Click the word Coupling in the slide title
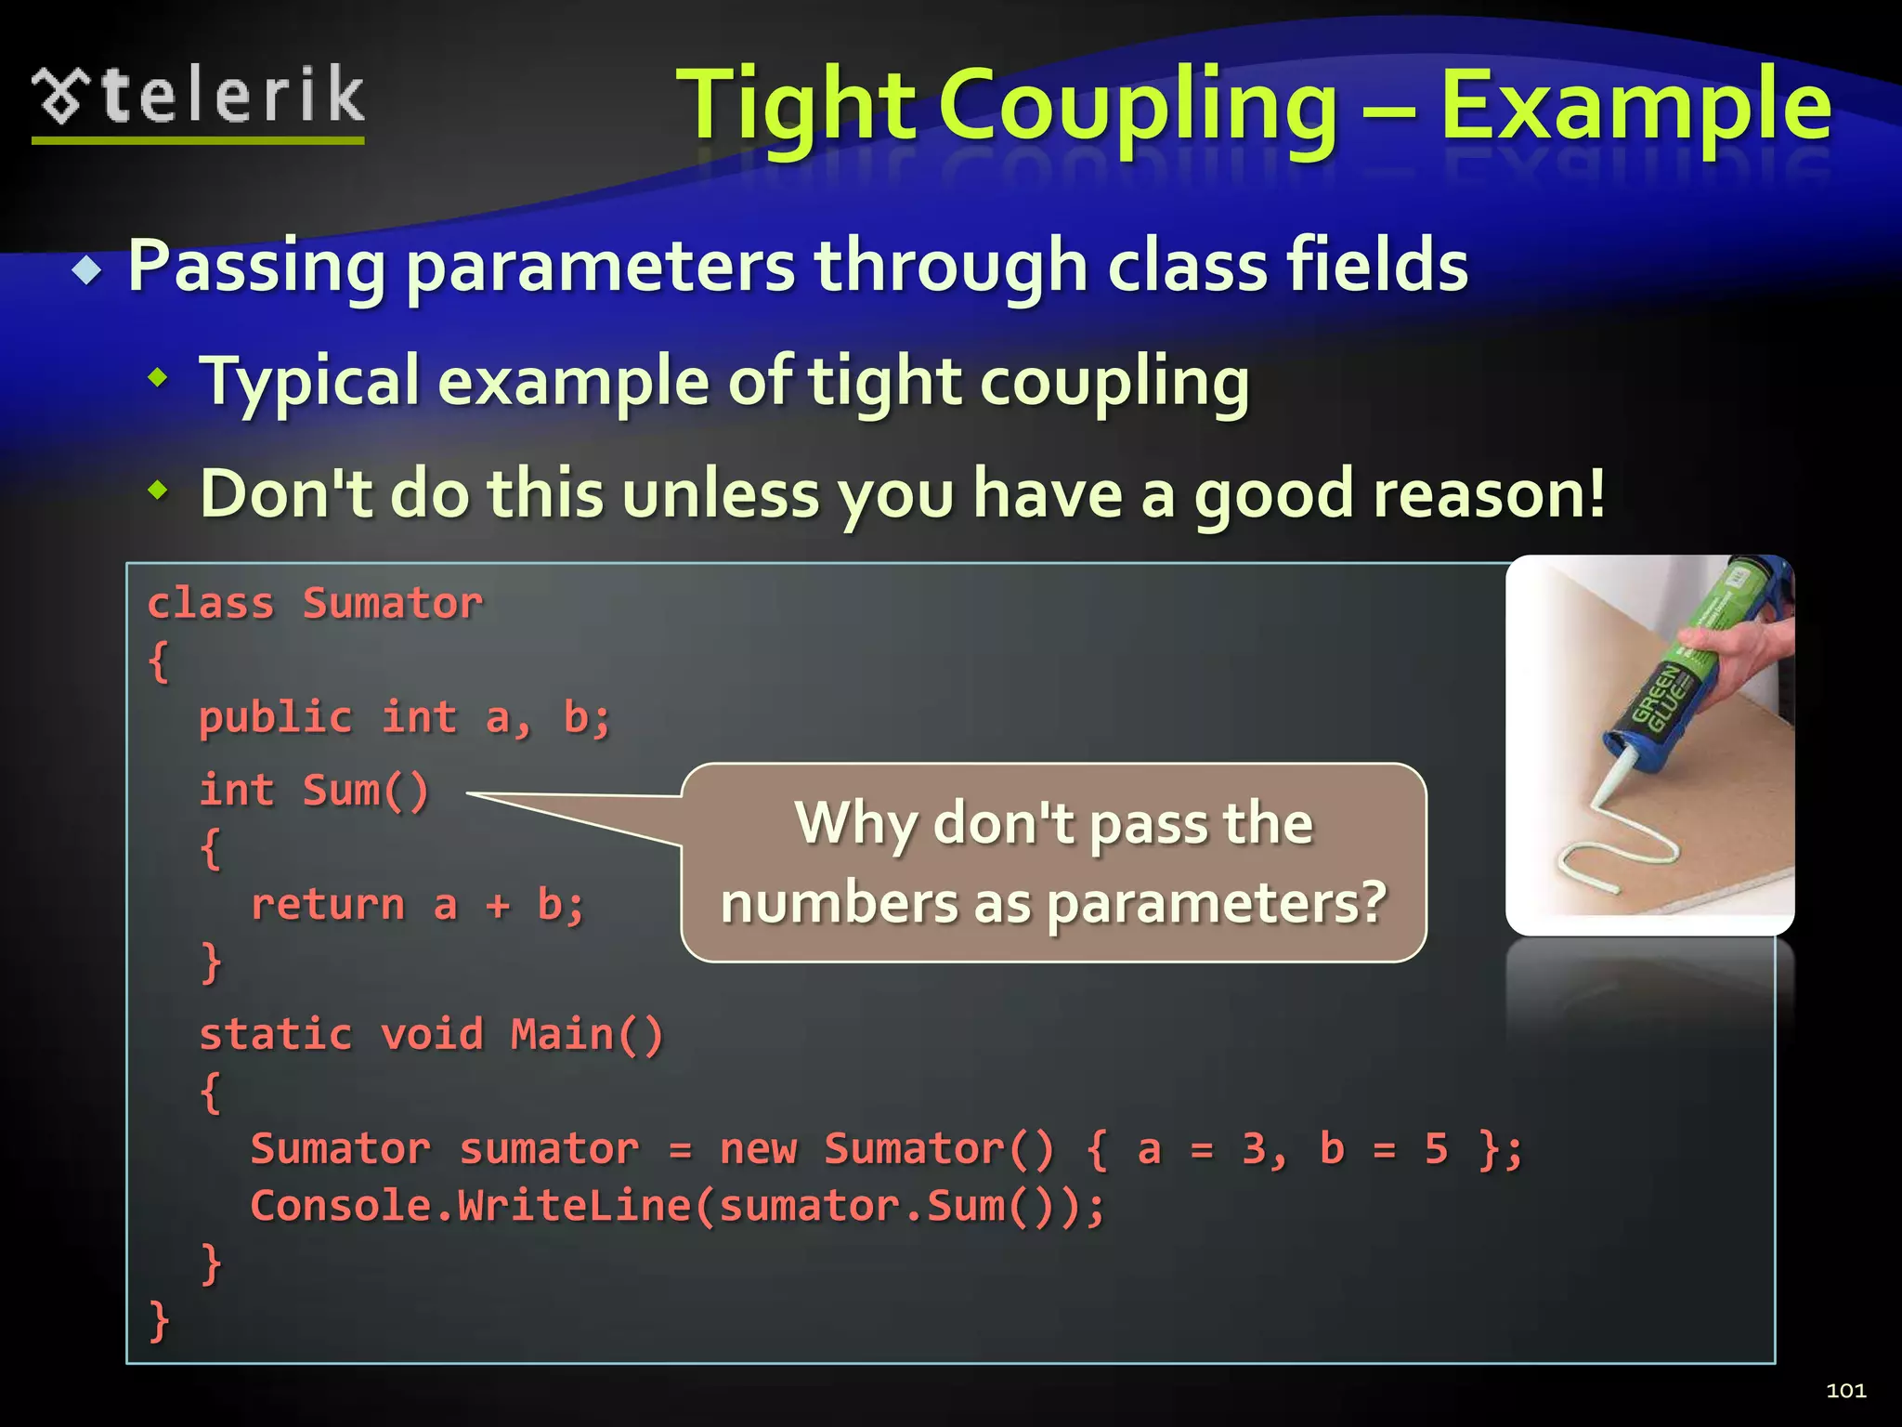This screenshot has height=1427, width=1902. [1139, 107]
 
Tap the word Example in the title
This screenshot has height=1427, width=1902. [1635, 107]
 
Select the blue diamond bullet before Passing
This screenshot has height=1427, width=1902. [88, 270]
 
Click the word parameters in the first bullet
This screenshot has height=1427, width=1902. [600, 268]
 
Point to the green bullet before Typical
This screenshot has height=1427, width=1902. [159, 377]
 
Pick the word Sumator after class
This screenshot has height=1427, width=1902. [393, 604]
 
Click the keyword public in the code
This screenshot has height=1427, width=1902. [276, 717]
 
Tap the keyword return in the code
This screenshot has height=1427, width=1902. [328, 905]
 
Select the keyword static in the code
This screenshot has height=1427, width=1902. [276, 1035]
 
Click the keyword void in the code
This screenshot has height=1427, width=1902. [432, 1035]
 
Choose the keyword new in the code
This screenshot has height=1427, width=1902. [758, 1149]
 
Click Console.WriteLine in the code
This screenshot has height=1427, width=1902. [470, 1206]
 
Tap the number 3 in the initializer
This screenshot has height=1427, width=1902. [1254, 1149]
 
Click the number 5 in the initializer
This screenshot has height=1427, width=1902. [1436, 1149]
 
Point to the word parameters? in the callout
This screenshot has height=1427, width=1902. [1217, 904]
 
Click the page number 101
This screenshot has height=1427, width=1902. [1845, 1391]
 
